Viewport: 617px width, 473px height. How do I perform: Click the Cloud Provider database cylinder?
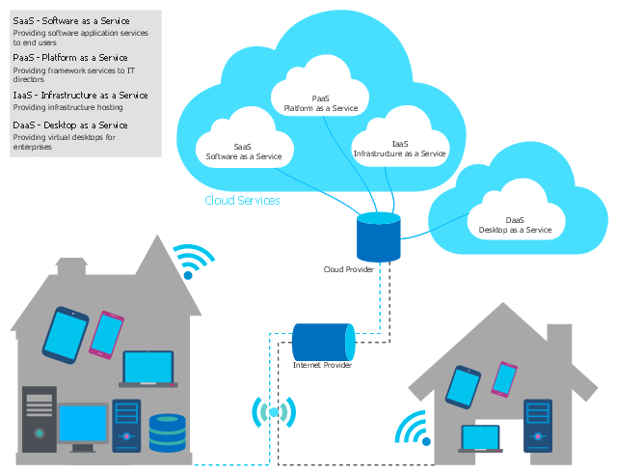[x=378, y=238]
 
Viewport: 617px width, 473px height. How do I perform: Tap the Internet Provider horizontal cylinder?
[x=322, y=342]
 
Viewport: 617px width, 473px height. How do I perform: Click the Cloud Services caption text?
[x=242, y=201]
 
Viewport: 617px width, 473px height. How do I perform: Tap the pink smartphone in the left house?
[x=105, y=334]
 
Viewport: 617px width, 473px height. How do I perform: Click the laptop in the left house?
[x=148, y=370]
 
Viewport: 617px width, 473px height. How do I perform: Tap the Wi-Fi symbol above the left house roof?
[x=194, y=260]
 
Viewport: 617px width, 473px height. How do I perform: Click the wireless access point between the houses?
[x=274, y=413]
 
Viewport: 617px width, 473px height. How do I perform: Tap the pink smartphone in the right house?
[x=504, y=378]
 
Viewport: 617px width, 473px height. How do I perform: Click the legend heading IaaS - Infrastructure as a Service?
[x=80, y=95]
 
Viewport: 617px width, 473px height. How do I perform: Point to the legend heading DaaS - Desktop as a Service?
[x=69, y=125]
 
